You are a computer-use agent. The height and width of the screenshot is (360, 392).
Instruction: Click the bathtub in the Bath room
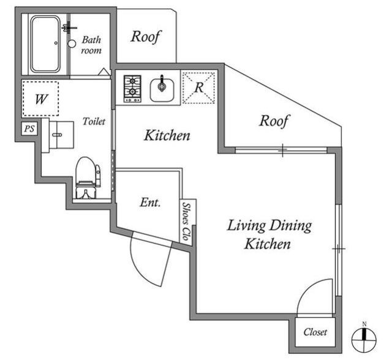coord(45,44)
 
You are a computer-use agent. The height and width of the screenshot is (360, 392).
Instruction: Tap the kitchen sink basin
coord(162,89)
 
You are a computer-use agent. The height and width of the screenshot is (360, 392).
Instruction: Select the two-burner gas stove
coord(132,89)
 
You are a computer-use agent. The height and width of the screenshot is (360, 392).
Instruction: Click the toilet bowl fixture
coord(88,178)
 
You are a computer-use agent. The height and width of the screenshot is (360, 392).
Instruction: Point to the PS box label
coord(29,129)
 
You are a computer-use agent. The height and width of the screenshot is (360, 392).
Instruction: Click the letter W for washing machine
coord(41,99)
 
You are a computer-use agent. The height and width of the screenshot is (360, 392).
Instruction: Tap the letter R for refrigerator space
coord(198,88)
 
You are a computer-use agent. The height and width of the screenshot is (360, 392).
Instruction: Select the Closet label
coord(315,332)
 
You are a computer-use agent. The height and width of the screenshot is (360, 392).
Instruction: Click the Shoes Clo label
coord(187,222)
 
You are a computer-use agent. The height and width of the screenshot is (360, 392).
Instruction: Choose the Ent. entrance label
coord(150,202)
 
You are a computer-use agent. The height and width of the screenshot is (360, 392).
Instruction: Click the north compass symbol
coord(364,339)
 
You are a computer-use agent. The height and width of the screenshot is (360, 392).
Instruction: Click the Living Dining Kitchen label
coord(269,234)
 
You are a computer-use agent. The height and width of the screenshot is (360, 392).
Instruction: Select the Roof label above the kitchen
coord(146,37)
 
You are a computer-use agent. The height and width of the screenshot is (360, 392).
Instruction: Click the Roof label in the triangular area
coord(274,121)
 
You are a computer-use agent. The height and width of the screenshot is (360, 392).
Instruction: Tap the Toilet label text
coord(94,121)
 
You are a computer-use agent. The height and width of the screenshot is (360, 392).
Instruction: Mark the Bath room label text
coord(91,45)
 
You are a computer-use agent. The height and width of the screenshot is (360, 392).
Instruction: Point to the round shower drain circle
coord(72,43)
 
